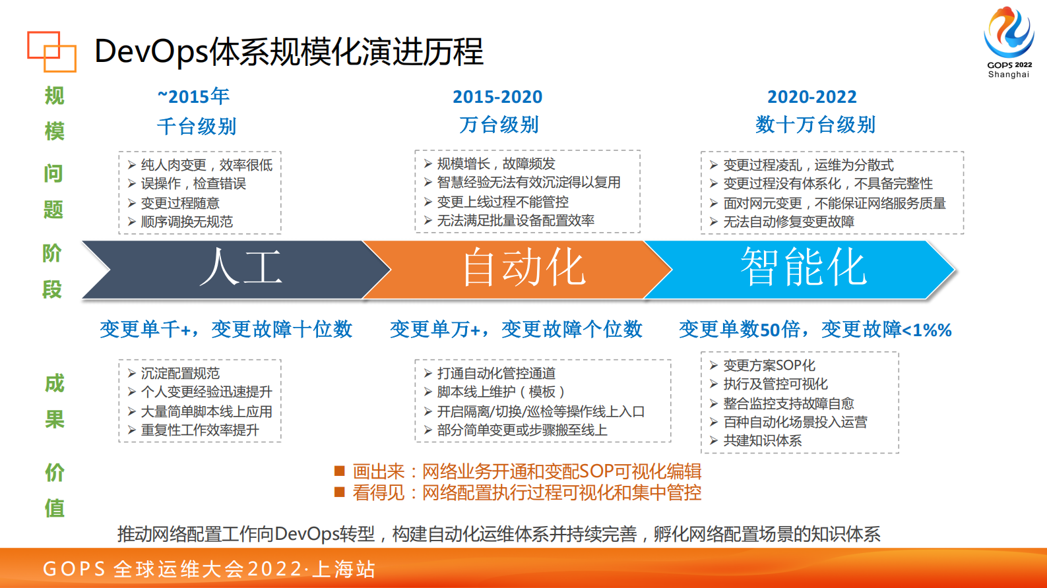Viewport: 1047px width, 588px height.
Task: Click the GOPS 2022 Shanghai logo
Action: (1008, 42)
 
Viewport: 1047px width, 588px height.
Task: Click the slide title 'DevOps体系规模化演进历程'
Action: (289, 51)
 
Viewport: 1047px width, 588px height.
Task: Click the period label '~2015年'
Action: (193, 97)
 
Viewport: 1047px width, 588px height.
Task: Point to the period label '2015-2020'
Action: (497, 97)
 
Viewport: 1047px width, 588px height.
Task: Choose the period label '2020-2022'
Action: (811, 97)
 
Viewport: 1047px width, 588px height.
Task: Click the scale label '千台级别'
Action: (197, 126)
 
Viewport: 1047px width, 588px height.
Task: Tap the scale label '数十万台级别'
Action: (815, 125)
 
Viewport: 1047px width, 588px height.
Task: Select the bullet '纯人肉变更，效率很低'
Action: (206, 165)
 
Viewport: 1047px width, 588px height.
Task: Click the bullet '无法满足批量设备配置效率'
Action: (515, 221)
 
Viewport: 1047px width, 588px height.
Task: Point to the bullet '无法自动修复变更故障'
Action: (788, 222)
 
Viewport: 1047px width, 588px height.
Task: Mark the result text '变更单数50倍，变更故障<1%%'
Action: (815, 329)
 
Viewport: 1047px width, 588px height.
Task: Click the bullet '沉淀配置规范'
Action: (180, 374)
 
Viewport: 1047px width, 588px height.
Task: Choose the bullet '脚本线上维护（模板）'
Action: (501, 392)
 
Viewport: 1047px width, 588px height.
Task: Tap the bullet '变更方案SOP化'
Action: (769, 365)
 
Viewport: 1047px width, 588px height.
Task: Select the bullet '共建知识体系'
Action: (763, 441)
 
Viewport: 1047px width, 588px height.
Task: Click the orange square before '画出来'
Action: (340, 471)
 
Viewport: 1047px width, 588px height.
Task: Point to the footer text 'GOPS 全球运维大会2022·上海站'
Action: (209, 569)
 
